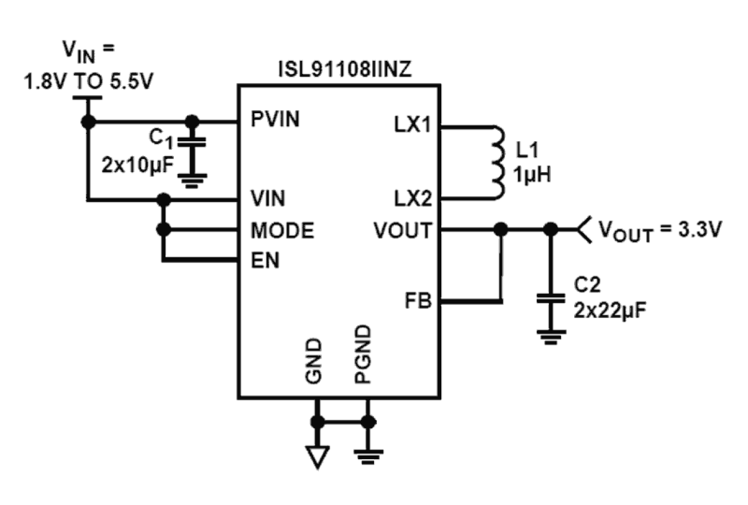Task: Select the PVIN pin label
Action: pyautogui.click(x=275, y=120)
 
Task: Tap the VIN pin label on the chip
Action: pyautogui.click(x=267, y=197)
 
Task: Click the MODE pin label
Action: pyautogui.click(x=282, y=230)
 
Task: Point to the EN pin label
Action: pyautogui.click(x=264, y=260)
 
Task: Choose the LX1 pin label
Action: pyautogui.click(x=412, y=125)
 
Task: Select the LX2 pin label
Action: pyautogui.click(x=412, y=198)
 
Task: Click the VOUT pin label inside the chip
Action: pyautogui.click(x=402, y=230)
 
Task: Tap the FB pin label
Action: pyautogui.click(x=419, y=301)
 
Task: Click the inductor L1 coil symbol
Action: pyautogui.click(x=497, y=162)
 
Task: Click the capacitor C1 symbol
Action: pyautogui.click(x=192, y=143)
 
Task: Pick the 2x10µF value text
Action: pyautogui.click(x=138, y=165)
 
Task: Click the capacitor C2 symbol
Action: pyautogui.click(x=551, y=298)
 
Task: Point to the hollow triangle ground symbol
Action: pyautogui.click(x=317, y=457)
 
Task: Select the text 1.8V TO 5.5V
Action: pyautogui.click(x=88, y=82)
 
